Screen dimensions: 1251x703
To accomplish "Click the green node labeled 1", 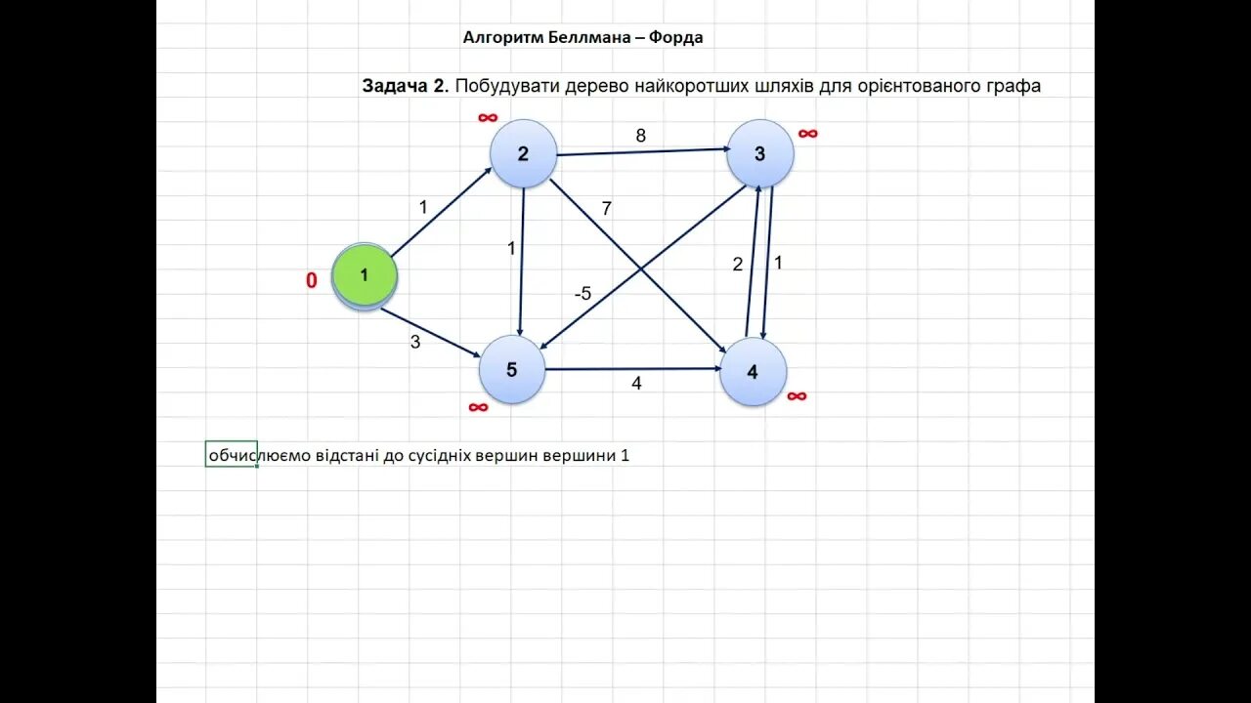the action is click(x=365, y=276).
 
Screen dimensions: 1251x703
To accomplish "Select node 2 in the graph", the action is click(x=523, y=153).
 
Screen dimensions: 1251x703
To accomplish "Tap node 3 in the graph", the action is click(x=759, y=154).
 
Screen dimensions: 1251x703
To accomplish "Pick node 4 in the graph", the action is click(x=753, y=372).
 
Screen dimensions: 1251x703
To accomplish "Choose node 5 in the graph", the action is click(x=511, y=370).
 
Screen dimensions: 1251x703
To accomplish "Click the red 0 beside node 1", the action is click(x=312, y=281).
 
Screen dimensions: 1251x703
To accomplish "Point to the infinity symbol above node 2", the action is click(x=488, y=118).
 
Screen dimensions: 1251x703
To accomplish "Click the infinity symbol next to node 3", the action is click(x=807, y=134).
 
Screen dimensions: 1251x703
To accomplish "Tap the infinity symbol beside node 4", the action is click(x=797, y=395).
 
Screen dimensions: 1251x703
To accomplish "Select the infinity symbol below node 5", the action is click(x=478, y=407).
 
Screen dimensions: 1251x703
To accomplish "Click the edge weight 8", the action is click(x=641, y=136).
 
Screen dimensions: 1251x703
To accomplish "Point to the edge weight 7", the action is click(x=606, y=208).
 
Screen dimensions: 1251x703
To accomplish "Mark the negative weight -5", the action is click(x=582, y=294).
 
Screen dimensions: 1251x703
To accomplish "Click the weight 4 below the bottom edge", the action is click(x=636, y=384).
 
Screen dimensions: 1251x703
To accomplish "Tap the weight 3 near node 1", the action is click(x=415, y=342).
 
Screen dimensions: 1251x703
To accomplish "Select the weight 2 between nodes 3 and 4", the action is click(x=738, y=265).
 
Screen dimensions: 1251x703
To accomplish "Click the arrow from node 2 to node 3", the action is click(x=640, y=151).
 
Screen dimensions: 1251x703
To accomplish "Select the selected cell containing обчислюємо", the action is click(x=232, y=454).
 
